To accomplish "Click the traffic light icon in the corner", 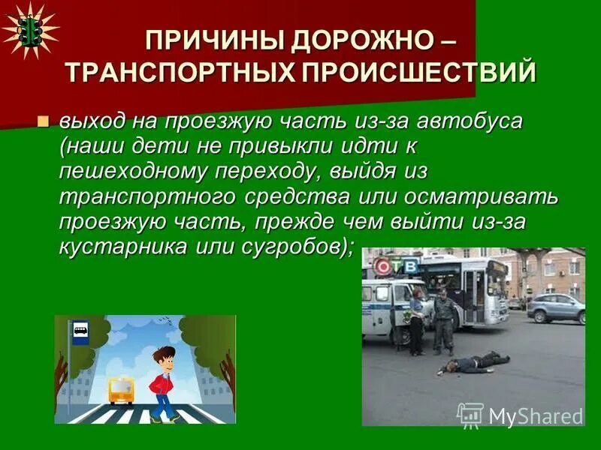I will click(29, 30).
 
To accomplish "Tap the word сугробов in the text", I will click(286, 247).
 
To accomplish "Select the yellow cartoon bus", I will click(120, 390).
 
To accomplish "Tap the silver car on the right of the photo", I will click(556, 307).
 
